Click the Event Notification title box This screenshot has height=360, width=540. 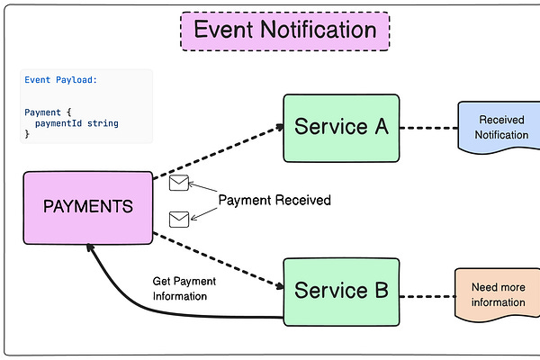[x=285, y=30]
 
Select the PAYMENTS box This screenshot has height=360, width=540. [x=88, y=207]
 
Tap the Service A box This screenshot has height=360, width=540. [x=341, y=127]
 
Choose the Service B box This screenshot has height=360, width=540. [x=341, y=291]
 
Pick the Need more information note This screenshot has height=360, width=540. [x=498, y=294]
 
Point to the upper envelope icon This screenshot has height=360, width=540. [x=179, y=184]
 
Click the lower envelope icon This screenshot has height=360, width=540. [x=179, y=218]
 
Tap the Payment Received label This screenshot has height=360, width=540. [x=274, y=200]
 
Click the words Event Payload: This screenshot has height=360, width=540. [x=60, y=80]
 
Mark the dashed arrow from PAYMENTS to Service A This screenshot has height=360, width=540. [x=216, y=151]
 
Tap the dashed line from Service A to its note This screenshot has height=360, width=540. [x=427, y=128]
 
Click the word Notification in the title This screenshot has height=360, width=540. [x=319, y=30]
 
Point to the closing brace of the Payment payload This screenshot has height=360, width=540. [x=27, y=134]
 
